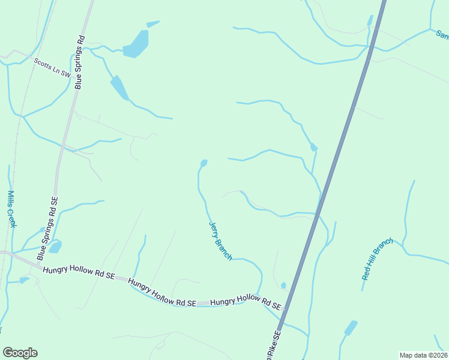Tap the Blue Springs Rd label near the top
(x=79, y=62)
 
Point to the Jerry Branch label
(x=220, y=241)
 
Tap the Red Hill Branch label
(x=377, y=259)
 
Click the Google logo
(x=20, y=353)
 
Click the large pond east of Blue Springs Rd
(x=136, y=44)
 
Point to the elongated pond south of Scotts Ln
(x=119, y=88)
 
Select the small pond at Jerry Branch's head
(x=204, y=163)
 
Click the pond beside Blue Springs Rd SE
(x=55, y=247)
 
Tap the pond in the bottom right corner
(x=350, y=328)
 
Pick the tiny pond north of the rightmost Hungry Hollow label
(x=283, y=286)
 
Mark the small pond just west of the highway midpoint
(x=313, y=147)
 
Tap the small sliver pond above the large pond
(x=153, y=24)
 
